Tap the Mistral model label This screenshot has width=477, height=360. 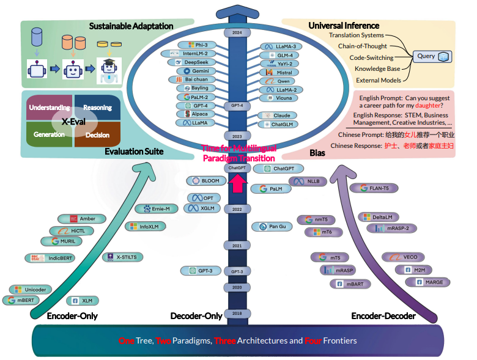click(278, 72)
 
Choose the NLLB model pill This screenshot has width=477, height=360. click(306, 182)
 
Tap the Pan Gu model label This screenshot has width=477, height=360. click(272, 226)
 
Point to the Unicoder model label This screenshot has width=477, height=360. click(31, 289)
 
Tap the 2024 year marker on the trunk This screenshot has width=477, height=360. click(237, 32)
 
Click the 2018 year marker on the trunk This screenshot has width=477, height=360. click(237, 312)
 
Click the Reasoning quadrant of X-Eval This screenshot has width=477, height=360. click(97, 108)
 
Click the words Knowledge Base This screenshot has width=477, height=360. click(378, 68)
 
